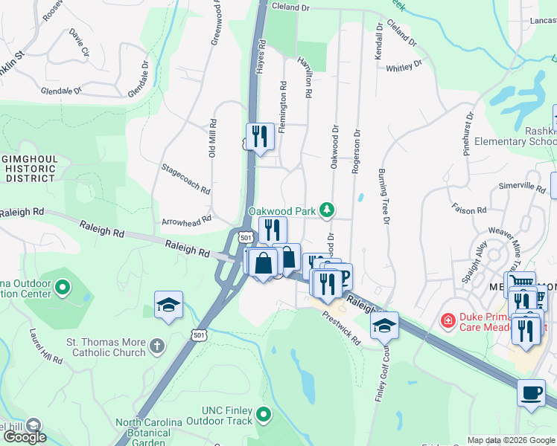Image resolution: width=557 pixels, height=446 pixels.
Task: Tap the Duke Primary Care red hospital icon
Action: coord(448,321)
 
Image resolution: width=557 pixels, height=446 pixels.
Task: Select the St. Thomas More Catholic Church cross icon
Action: coord(156,346)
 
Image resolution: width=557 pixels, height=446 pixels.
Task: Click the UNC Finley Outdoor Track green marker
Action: coord(262,414)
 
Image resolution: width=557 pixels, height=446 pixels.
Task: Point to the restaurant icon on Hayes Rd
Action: coord(259,137)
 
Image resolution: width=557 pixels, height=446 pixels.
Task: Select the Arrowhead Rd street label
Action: coord(187,222)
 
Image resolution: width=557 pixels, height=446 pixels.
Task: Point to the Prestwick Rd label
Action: coord(342,328)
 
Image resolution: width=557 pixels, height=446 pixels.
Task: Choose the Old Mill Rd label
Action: coord(213,138)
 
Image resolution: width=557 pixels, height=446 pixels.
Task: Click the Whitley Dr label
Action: coord(404,65)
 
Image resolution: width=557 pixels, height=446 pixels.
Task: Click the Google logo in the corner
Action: coord(24,437)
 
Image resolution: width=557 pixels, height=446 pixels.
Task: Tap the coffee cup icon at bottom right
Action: coord(530,392)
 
